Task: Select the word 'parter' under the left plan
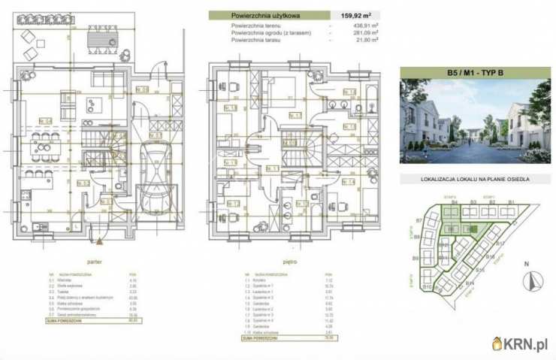(95, 263)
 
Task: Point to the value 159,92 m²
(360, 14)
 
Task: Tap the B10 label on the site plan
(426, 287)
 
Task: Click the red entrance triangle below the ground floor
(100, 241)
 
